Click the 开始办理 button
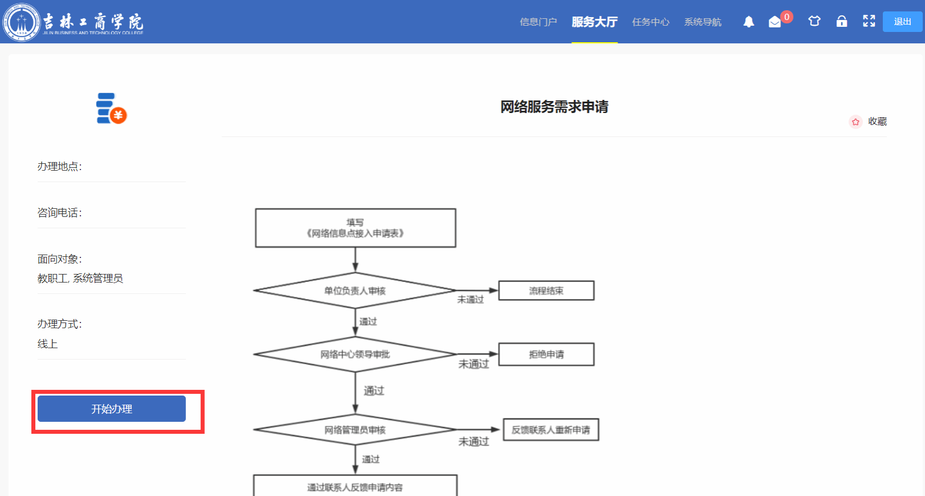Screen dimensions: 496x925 pyautogui.click(x=112, y=409)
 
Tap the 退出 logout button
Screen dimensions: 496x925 pyautogui.click(x=902, y=22)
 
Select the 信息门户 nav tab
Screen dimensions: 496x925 pyautogui.click(x=538, y=22)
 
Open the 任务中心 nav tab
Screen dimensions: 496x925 pyautogui.click(x=651, y=22)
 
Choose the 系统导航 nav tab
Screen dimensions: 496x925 pyautogui.click(x=703, y=22)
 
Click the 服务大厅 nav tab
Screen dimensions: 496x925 pyautogui.click(x=594, y=22)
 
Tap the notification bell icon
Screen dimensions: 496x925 pyautogui.click(x=749, y=22)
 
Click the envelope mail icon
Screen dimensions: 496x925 pyautogui.click(x=774, y=22)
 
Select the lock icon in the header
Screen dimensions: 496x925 pyautogui.click(x=842, y=22)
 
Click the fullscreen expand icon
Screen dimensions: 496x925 pyautogui.click(x=869, y=21)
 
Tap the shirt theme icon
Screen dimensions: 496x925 pyautogui.click(x=814, y=21)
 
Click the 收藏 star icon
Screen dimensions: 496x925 pyautogui.click(x=855, y=122)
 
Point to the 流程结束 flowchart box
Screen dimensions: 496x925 pyautogui.click(x=546, y=291)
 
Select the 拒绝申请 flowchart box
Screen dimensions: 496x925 pyautogui.click(x=546, y=354)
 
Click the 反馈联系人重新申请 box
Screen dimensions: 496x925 pyautogui.click(x=551, y=430)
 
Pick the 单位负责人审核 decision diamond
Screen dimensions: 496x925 pyautogui.click(x=355, y=291)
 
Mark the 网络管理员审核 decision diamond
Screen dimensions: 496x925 pyautogui.click(x=355, y=430)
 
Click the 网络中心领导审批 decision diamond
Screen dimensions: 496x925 pyautogui.click(x=355, y=354)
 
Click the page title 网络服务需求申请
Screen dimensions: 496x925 pyautogui.click(x=554, y=107)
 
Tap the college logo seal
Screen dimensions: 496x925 pyautogui.click(x=22, y=22)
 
